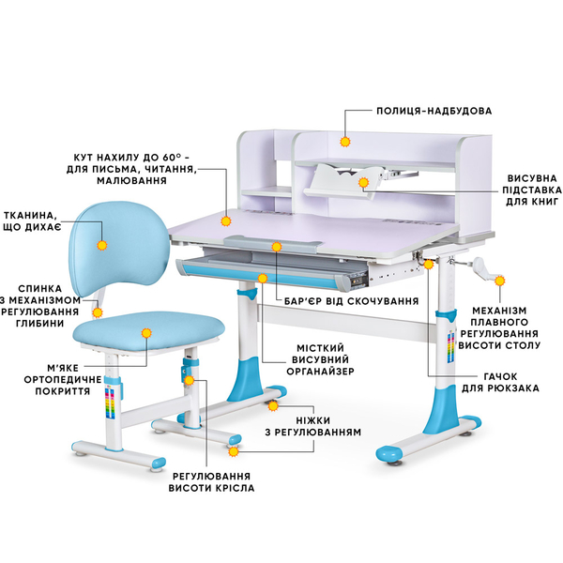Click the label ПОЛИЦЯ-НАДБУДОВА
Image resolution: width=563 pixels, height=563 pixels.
[x=434, y=111]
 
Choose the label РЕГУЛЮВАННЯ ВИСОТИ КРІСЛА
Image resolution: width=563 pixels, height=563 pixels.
[x=211, y=480]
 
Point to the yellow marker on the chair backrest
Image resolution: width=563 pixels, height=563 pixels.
[x=102, y=243]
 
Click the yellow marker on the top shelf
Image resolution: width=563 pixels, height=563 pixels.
[x=345, y=142]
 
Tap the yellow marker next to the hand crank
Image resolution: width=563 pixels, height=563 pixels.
[x=500, y=280]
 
